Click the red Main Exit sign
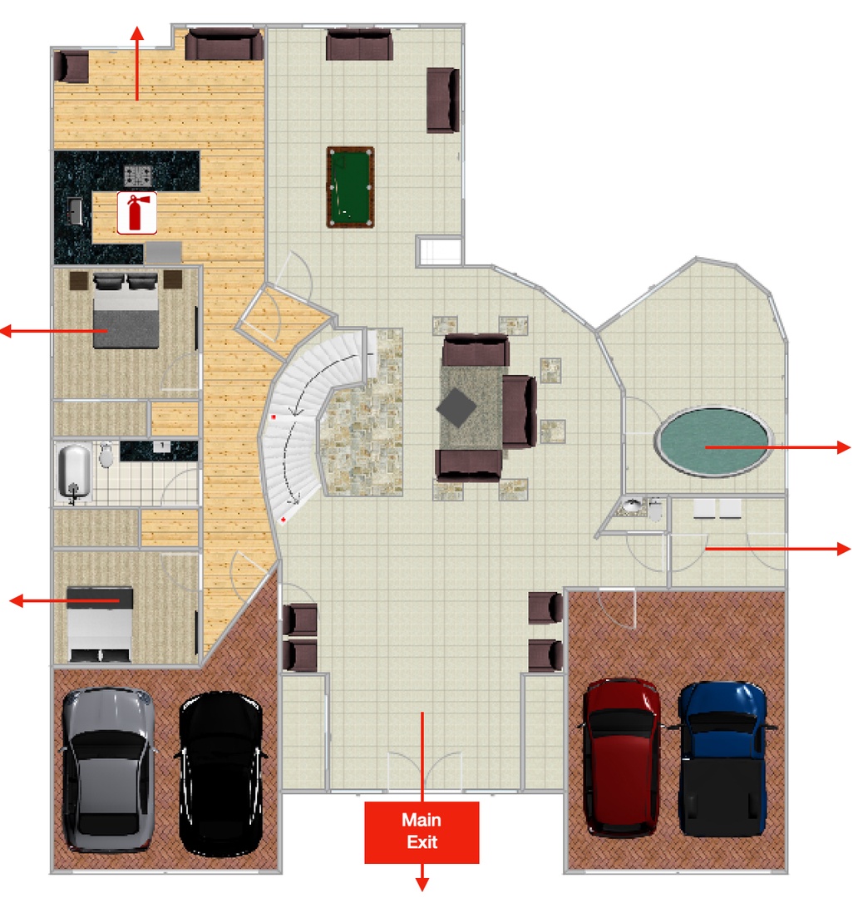tap(422, 831)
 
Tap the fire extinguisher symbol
tap(137, 213)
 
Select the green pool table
tap(351, 187)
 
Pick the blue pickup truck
tap(724, 759)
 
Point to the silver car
tap(108, 770)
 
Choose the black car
tap(220, 774)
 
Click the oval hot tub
tap(713, 442)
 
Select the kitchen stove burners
tap(137, 175)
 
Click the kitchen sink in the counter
tap(75, 210)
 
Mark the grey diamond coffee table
tap(456, 407)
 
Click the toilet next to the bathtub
tap(106, 456)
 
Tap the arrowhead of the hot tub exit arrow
tap(844, 447)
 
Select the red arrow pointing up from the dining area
tap(136, 63)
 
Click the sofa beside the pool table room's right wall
tap(443, 101)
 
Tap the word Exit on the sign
tap(422, 841)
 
